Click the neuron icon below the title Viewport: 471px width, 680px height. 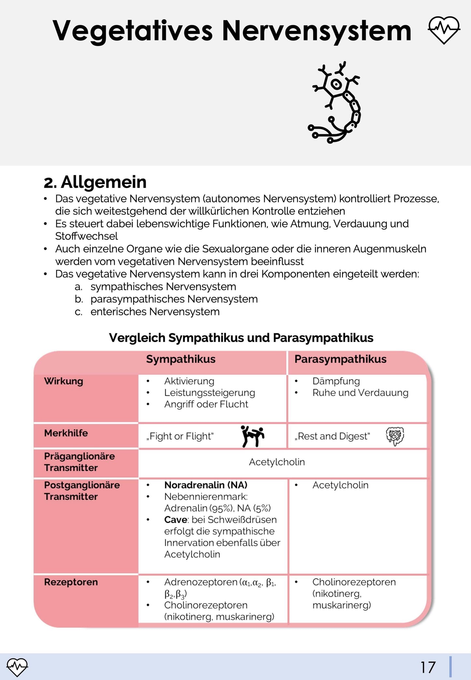pyautogui.click(x=334, y=102)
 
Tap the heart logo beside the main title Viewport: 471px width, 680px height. pyautogui.click(x=444, y=30)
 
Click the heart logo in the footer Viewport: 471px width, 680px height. pyautogui.click(x=17, y=667)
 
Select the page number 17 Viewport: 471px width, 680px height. pyautogui.click(x=428, y=667)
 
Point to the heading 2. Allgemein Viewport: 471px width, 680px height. pyautogui.click(x=95, y=182)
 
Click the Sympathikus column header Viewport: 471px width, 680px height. pyautogui.click(x=181, y=359)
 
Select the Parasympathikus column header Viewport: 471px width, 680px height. pyautogui.click(x=340, y=359)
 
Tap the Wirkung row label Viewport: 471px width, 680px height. pyautogui.click(x=64, y=381)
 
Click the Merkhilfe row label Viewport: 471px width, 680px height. pyautogui.click(x=66, y=433)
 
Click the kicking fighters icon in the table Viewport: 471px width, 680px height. pyautogui.click(x=252, y=436)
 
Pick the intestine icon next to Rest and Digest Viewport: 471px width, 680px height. pyautogui.click(x=395, y=436)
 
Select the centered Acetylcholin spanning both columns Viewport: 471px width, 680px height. pyautogui.click(x=277, y=462)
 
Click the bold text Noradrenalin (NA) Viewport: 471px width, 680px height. pyautogui.click(x=206, y=485)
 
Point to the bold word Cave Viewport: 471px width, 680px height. pyautogui.click(x=175, y=519)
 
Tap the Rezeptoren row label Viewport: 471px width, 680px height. pyautogui.click(x=71, y=582)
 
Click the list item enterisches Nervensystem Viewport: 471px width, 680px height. pyautogui.click(x=155, y=312)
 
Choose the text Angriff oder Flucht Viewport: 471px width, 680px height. pyautogui.click(x=206, y=404)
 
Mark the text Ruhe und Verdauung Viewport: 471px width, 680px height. pyautogui.click(x=360, y=393)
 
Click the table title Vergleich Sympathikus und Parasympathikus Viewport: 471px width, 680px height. pyautogui.click(x=241, y=338)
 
